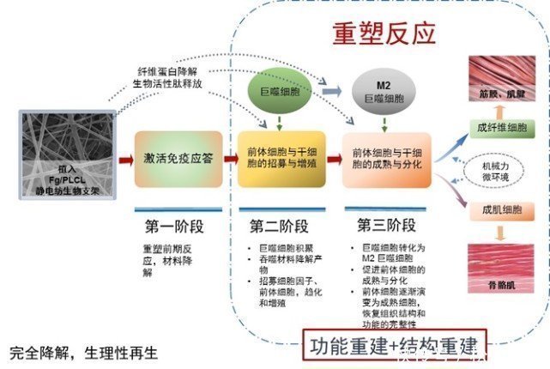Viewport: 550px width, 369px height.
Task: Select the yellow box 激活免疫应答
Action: (x=177, y=158)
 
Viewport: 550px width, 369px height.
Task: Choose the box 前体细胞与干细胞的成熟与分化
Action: (x=387, y=158)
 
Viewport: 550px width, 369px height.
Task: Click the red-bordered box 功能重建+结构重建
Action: (x=393, y=347)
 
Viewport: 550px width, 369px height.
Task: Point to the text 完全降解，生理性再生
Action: (x=84, y=352)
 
